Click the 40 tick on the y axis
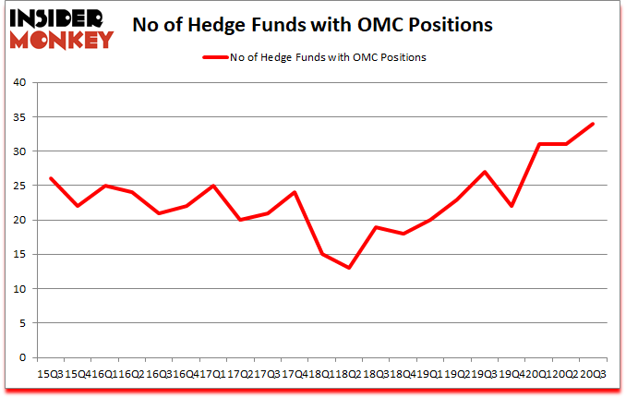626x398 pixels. click(x=20, y=82)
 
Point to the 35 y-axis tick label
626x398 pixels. click(x=20, y=117)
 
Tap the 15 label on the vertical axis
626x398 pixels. click(x=20, y=255)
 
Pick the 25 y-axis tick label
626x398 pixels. click(x=20, y=186)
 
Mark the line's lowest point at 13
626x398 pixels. click(x=349, y=268)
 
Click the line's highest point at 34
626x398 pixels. click(x=592, y=124)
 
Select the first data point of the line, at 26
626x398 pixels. click(x=51, y=178)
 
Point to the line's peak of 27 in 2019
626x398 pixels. click(x=484, y=172)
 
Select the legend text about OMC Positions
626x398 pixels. click(x=329, y=57)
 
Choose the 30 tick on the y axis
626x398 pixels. click(x=20, y=151)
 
